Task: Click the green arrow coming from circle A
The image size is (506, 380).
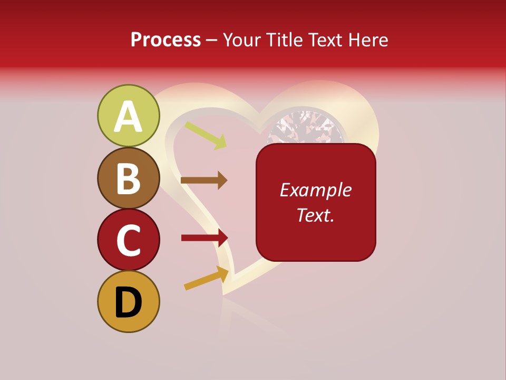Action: click(x=206, y=135)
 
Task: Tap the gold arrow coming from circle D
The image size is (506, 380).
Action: click(x=206, y=278)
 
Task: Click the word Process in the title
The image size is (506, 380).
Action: click(x=166, y=40)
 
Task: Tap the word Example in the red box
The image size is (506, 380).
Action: click(x=316, y=190)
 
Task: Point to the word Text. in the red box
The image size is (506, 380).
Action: click(x=316, y=215)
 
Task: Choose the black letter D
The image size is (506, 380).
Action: click(x=129, y=302)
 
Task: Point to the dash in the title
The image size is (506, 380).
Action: click(x=211, y=41)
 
